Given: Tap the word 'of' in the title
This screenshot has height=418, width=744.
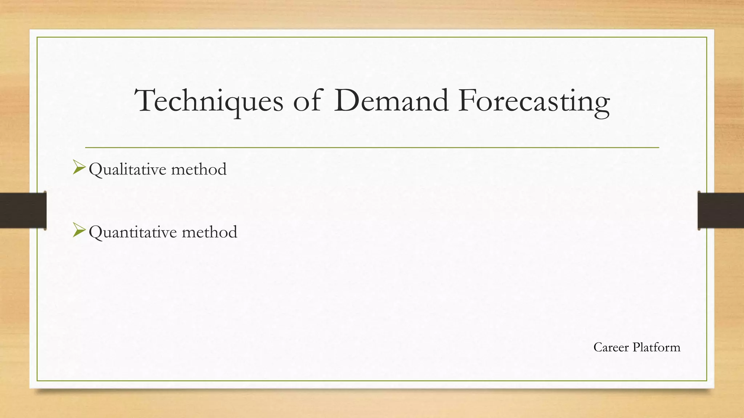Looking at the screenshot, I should pos(307,101).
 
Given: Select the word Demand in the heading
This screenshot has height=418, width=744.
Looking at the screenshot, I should pos(391,101).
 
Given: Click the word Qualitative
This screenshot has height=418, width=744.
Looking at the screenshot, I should pos(128,169).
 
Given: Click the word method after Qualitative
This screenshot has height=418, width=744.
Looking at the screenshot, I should pos(199,169).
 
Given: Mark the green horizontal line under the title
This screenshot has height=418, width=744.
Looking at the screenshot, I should pos(372,148).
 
